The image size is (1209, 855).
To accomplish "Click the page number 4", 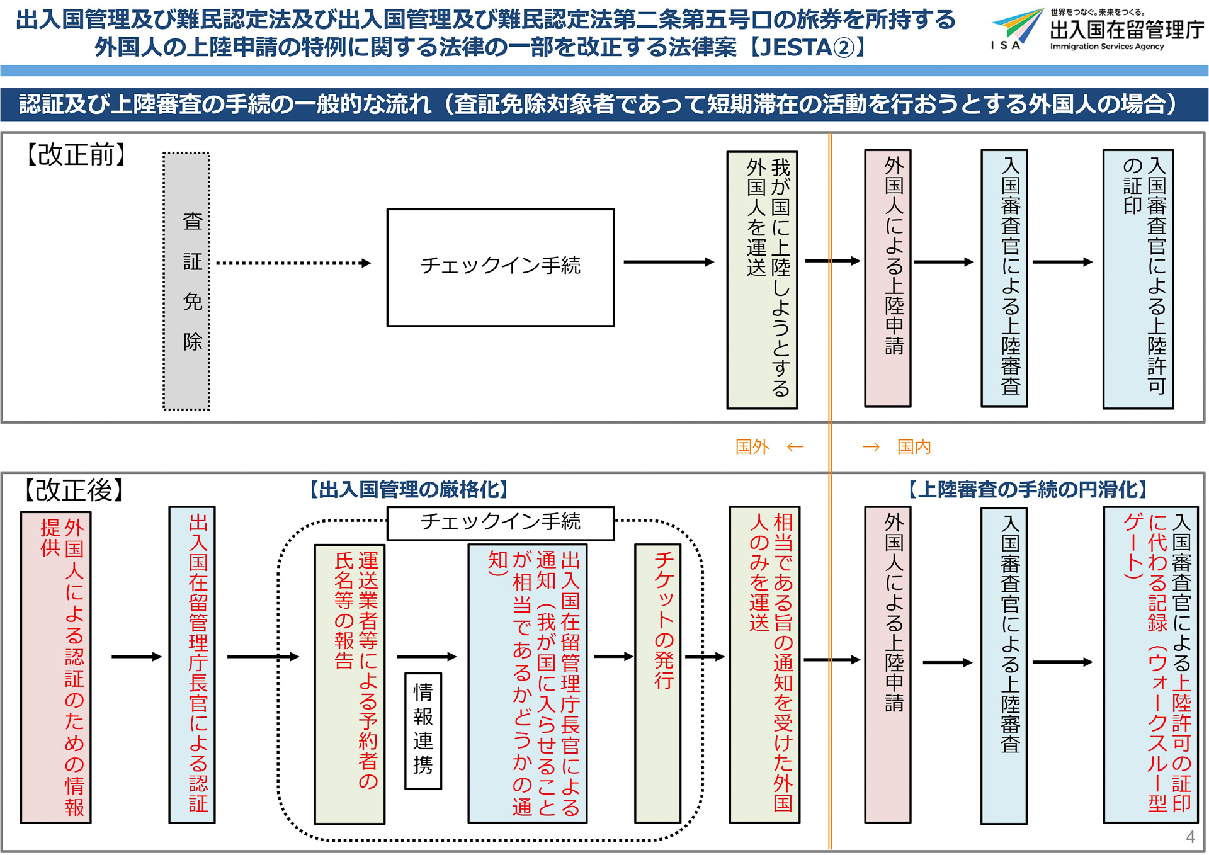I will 1190,837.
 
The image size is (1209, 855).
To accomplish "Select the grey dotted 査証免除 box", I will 186,281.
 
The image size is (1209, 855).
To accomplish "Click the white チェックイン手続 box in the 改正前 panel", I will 501,267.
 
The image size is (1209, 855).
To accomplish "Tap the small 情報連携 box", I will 423,730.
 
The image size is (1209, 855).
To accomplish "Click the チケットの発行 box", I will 658,683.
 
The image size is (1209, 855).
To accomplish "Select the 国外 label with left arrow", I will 769,447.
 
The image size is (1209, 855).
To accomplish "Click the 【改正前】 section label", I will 76,155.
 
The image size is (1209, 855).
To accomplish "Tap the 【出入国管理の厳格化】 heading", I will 409,490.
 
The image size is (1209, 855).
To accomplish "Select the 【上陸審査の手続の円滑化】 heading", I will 1028,490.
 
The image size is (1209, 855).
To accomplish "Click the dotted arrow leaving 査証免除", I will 293,263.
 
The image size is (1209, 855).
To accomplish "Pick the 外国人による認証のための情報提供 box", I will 56,667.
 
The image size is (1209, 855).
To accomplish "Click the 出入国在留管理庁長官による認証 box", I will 192,664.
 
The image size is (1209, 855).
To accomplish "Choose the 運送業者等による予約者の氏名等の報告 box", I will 349,683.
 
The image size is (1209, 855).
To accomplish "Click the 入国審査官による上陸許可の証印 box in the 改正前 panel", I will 1138,279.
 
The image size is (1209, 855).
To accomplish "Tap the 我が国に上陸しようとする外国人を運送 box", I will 762,280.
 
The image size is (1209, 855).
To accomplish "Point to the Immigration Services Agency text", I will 1106,47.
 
